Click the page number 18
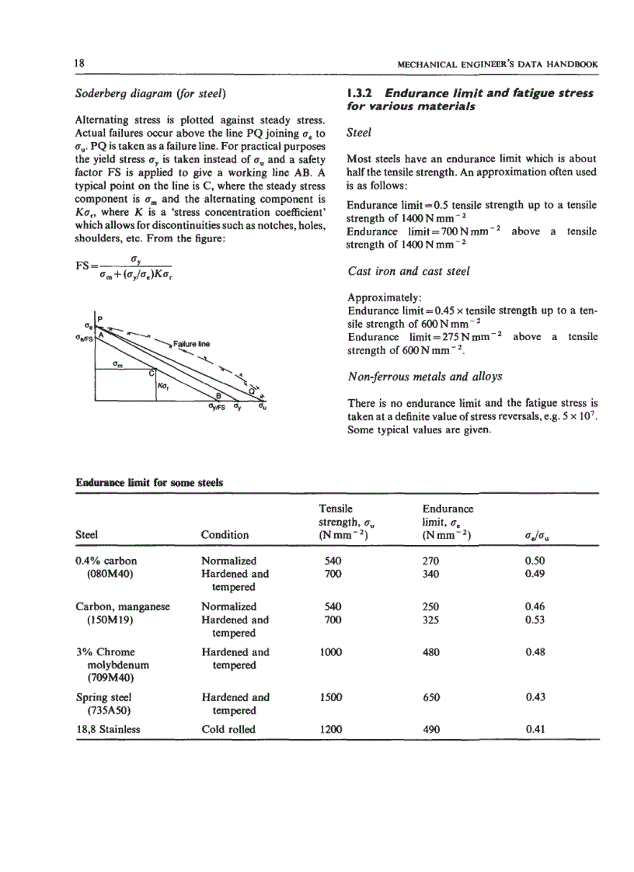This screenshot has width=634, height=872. click(79, 62)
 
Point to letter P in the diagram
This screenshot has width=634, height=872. click(99, 315)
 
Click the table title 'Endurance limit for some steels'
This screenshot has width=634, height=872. click(149, 482)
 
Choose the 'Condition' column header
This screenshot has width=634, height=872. click(225, 534)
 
